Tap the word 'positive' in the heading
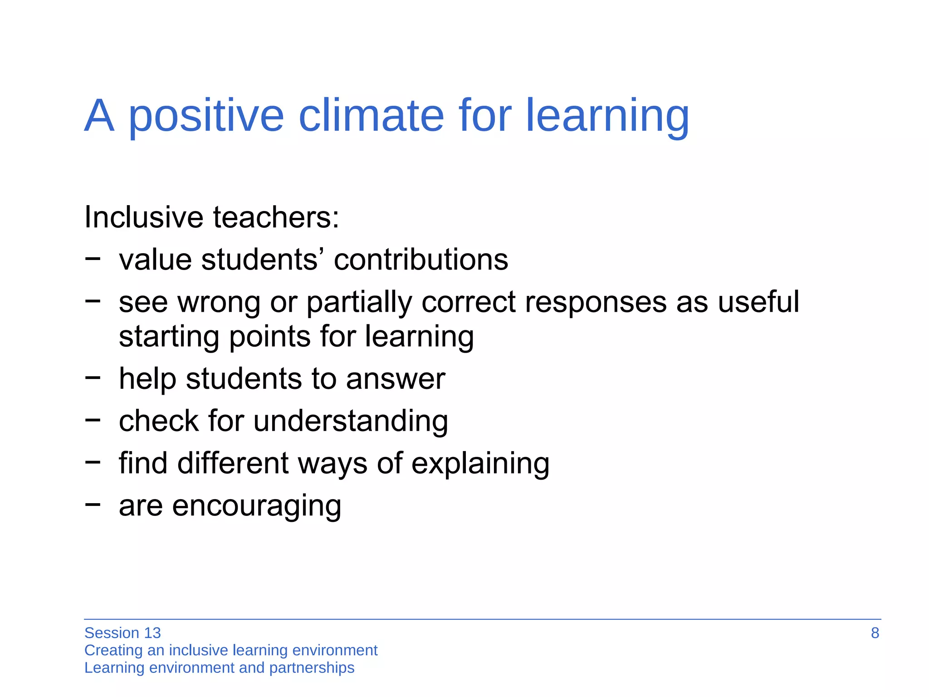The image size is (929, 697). [x=206, y=116]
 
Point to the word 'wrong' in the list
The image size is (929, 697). [x=219, y=303]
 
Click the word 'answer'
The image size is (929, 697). [x=396, y=379]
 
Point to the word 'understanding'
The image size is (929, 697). [x=351, y=421]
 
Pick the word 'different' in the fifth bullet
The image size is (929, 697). [x=233, y=463]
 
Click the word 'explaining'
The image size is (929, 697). [x=480, y=464]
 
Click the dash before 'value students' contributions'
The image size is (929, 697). [x=93, y=258]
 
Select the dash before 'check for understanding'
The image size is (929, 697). [x=93, y=420]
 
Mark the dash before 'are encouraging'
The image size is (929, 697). [x=93, y=504]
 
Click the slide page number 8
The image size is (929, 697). [x=875, y=633]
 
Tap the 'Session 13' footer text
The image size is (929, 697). [x=122, y=633]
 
